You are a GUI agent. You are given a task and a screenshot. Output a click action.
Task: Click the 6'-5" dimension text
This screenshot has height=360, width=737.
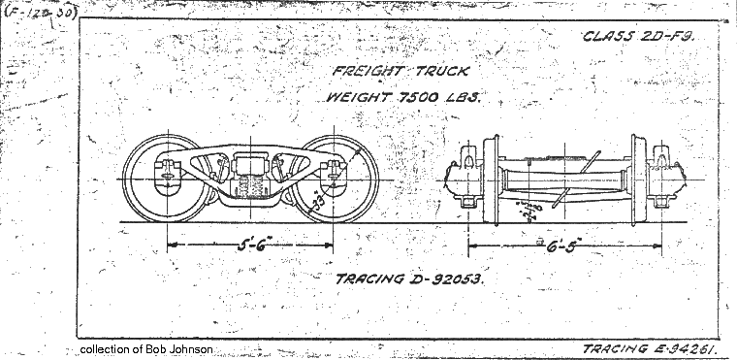pos(555,245)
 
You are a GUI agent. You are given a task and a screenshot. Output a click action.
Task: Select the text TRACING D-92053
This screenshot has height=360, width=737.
pos(408,279)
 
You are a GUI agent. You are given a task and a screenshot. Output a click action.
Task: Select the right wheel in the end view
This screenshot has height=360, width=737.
pos(640,180)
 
